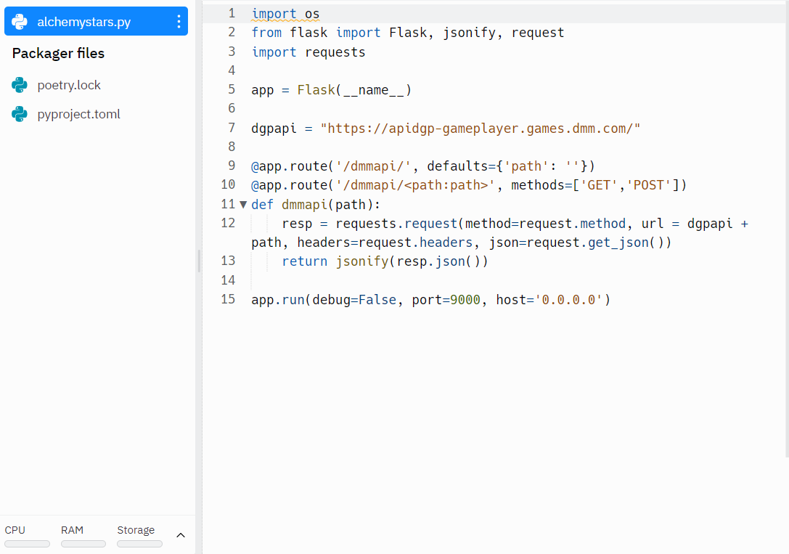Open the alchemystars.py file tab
83,22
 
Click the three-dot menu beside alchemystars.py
179,22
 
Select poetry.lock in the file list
69,85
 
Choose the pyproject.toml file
78,114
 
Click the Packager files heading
58,53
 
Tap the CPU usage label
15,530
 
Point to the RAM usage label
72,530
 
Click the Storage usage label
136,530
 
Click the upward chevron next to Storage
181,535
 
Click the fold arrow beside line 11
243,205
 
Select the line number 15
228,299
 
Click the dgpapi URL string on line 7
480,129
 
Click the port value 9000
465,299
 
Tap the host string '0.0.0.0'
569,299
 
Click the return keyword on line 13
305,261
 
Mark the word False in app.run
377,299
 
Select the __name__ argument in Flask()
374,90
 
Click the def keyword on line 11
263,205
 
